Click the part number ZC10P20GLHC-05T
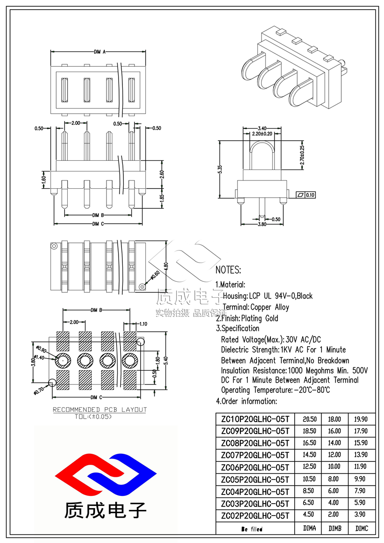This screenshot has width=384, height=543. [254, 419]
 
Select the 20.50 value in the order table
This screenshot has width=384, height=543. [310, 419]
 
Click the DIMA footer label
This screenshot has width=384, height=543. [310, 528]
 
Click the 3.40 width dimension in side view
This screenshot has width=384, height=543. [262, 128]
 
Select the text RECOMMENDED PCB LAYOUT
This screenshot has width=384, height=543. [99, 410]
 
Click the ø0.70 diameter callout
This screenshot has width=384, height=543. [38, 388]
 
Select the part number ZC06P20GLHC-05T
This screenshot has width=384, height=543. [254, 467]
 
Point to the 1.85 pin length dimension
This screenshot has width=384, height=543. [161, 197]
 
